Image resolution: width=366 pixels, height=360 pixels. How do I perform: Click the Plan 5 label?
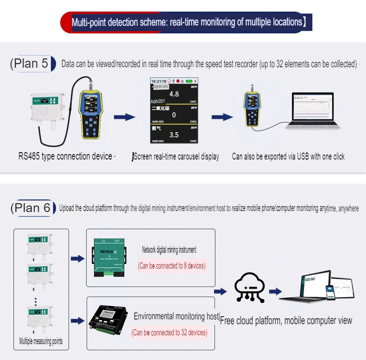(31, 64)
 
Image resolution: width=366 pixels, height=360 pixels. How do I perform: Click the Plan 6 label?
(31, 208)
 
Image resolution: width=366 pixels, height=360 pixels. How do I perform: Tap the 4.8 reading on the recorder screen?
(174, 94)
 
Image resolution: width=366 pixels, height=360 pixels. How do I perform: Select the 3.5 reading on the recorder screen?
(174, 135)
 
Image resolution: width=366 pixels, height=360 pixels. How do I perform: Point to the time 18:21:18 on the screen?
(158, 81)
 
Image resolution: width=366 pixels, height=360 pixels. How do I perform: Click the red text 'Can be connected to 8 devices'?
(172, 266)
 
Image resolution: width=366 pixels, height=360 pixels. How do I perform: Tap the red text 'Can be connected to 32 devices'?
(169, 333)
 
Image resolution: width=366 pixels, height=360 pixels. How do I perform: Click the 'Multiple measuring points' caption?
(41, 342)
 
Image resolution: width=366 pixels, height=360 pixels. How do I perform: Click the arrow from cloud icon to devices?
(275, 291)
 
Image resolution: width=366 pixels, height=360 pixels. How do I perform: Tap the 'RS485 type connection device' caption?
(65, 156)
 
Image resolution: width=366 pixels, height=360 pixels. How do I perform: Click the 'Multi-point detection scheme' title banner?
(187, 22)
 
